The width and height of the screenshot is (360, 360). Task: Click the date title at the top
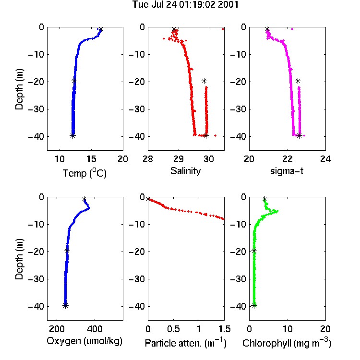(185, 5)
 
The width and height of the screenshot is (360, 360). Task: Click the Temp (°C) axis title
(84, 173)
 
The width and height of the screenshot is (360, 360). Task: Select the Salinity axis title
(185, 171)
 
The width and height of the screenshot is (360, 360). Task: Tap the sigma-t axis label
(287, 171)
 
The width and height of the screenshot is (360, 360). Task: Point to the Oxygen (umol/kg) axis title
(84, 341)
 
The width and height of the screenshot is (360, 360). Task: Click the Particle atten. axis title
(186, 343)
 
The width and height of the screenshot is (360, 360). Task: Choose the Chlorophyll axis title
(287, 343)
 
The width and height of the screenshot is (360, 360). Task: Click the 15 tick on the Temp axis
(91, 159)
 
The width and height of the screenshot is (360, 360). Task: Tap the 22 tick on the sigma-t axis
(288, 159)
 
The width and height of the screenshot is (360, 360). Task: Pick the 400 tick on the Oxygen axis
(95, 329)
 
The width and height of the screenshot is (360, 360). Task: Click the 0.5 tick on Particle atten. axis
(174, 329)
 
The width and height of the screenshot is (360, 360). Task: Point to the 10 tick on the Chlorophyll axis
(288, 329)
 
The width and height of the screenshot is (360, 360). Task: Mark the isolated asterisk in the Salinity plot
(204, 81)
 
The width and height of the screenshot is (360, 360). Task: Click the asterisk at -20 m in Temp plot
(74, 81)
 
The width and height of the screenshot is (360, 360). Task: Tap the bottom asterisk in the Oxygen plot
(65, 305)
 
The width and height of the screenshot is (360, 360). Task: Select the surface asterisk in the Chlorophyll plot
(264, 199)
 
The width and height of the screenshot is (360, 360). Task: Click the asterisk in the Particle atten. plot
(148, 199)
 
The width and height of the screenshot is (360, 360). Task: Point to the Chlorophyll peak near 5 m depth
(277, 211)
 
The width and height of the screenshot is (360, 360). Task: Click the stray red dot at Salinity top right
(223, 29)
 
